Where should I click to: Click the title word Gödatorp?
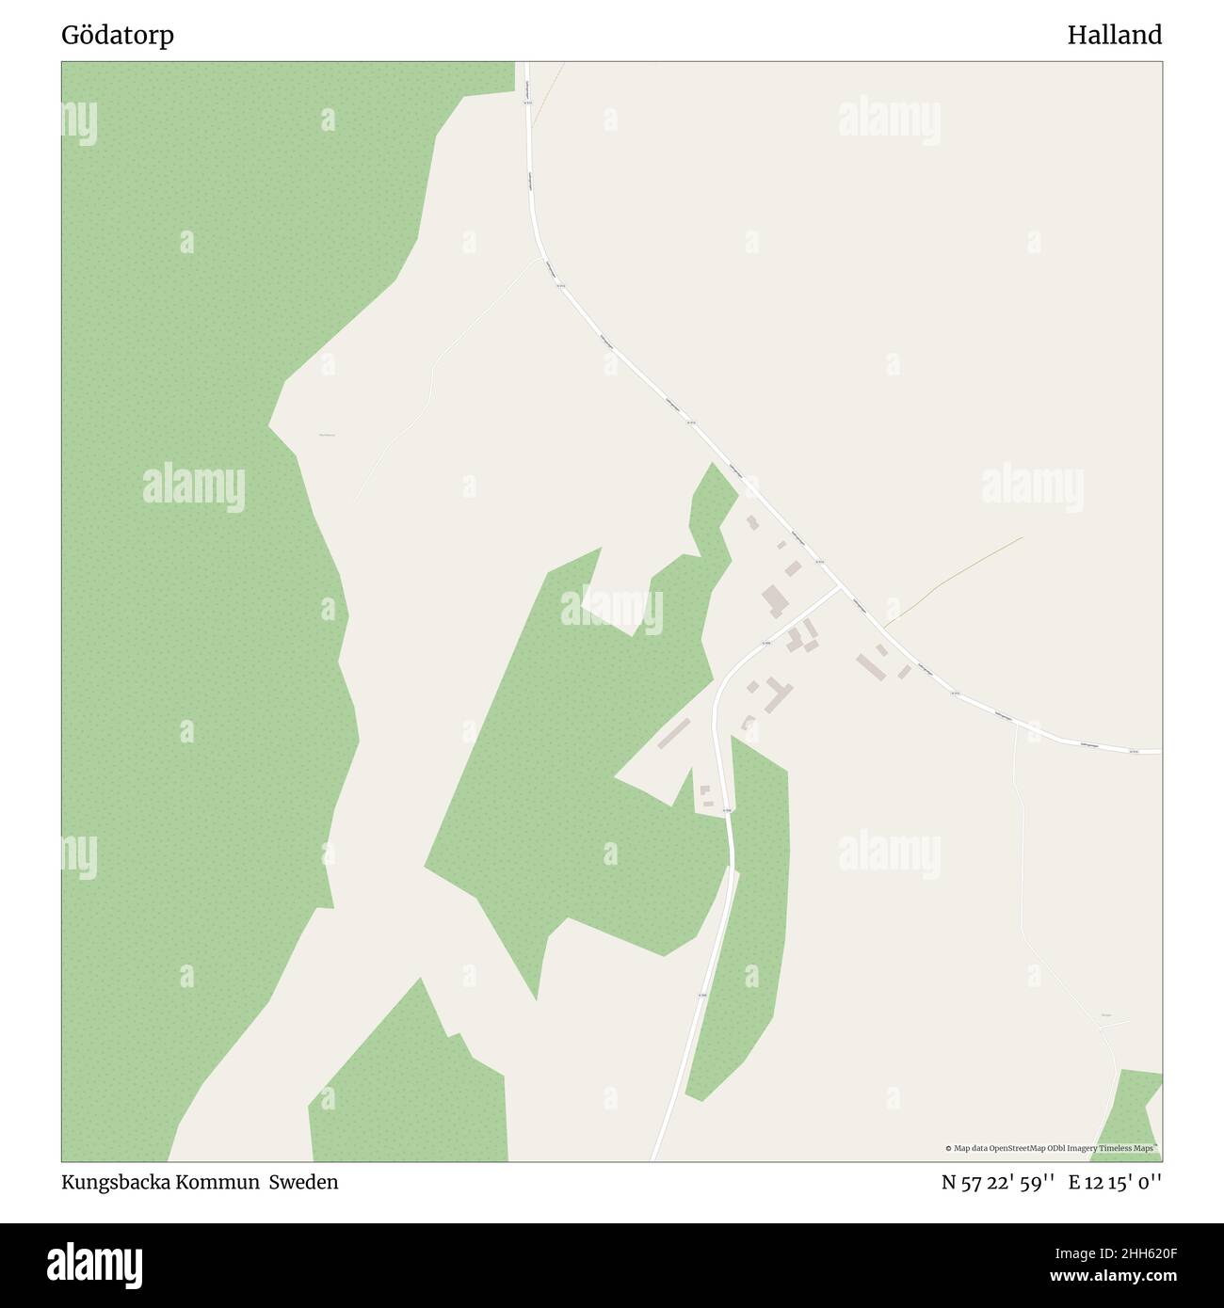click(x=118, y=36)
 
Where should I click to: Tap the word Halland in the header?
click(x=1114, y=36)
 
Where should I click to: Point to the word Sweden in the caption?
click(x=304, y=1183)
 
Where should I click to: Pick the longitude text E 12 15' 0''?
click(x=1115, y=1183)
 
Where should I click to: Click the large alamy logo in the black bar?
click(x=96, y=1265)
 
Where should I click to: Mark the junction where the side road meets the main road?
click(x=839, y=586)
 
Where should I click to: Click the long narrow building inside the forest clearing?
click(x=674, y=734)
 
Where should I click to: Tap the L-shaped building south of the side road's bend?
click(x=778, y=694)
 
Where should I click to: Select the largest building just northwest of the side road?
click(x=775, y=599)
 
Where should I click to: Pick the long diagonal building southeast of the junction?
click(x=869, y=667)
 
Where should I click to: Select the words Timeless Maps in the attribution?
click(x=1130, y=1148)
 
